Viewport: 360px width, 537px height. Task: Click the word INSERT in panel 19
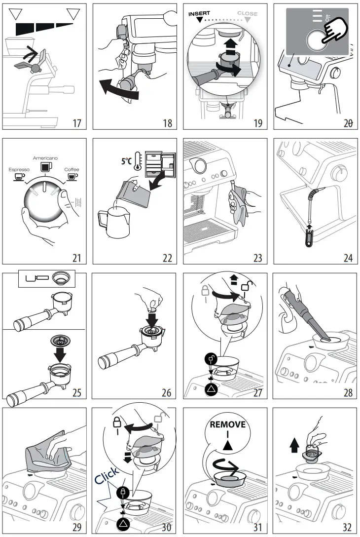point(199,14)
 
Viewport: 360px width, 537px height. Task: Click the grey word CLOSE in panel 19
point(247,14)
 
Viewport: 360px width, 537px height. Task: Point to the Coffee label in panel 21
point(72,170)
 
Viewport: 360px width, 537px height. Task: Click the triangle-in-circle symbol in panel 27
point(211,390)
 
